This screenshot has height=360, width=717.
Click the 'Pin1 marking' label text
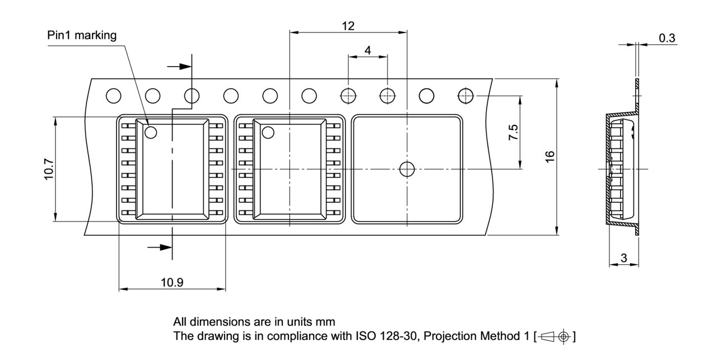coord(82,36)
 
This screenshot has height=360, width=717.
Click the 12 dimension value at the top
coord(348,26)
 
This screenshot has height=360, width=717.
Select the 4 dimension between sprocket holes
coord(367,50)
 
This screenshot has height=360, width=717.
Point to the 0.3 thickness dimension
coord(667,38)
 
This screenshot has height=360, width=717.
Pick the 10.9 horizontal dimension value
coord(172,282)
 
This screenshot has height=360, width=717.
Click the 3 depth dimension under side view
coord(623,258)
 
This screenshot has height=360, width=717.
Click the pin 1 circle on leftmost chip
coord(150,133)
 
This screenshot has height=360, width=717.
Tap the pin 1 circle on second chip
coord(268,133)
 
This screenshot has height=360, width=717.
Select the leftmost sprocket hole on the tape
coord(114,96)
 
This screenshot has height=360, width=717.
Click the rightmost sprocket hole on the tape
coord(465,96)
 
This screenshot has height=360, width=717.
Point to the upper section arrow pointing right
coord(179,67)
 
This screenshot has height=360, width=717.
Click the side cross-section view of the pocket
coord(622,169)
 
